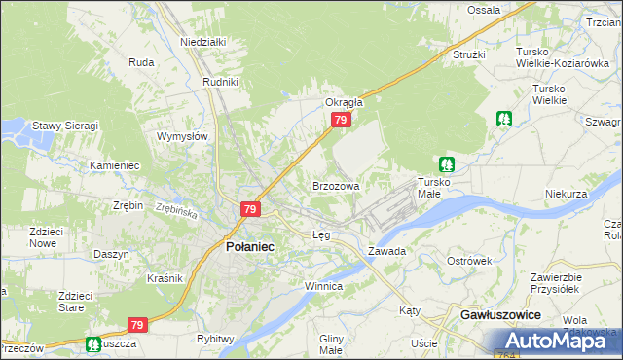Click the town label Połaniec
tap(249, 247)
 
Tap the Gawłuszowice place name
tap(500, 317)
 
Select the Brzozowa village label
tap(336, 185)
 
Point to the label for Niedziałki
tap(203, 43)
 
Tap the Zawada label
tap(386, 251)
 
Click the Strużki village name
tap(468, 54)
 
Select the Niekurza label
tap(567, 194)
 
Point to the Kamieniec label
tap(115, 165)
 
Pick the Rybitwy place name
tap(215, 339)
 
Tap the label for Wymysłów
tap(183, 137)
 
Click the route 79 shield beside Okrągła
tap(340, 120)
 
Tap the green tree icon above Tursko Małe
tap(446, 164)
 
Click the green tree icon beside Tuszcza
tap(92, 343)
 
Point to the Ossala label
tap(484, 10)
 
